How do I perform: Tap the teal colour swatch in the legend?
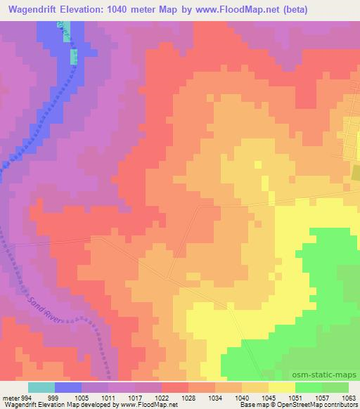point(41,388)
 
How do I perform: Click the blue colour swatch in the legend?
point(68,388)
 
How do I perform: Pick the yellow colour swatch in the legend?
point(282,388)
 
